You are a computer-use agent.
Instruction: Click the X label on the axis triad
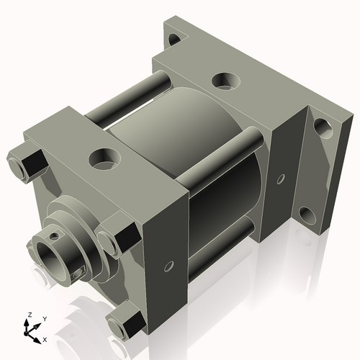[x=45, y=338]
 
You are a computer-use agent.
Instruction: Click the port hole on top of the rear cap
[x=224, y=81]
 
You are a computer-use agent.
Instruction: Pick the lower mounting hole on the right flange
[x=306, y=214]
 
